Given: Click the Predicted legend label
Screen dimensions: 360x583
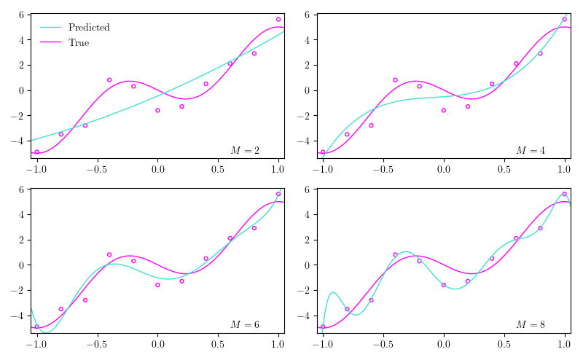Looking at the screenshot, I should [89, 28].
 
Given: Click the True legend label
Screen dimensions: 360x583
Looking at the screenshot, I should [79, 43].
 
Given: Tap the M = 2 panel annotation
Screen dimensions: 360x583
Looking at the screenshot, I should [245, 150].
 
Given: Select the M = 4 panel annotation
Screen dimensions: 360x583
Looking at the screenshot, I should [531, 150].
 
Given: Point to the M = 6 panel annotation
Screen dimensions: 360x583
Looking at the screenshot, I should [245, 324].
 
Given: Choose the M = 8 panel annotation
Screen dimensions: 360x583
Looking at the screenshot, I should [531, 324].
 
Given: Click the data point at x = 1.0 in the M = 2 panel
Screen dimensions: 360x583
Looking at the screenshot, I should [278, 20].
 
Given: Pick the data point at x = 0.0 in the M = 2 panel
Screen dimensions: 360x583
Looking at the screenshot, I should [157, 110].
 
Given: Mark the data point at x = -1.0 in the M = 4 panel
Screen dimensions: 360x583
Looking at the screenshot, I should [323, 152].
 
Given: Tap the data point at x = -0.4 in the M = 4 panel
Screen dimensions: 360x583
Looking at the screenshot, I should [395, 80].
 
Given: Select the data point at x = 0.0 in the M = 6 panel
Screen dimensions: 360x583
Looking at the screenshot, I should [157, 284].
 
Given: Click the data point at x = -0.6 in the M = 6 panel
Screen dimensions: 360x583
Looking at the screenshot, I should [85, 300].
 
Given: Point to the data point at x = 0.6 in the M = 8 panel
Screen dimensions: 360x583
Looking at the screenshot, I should [516, 238].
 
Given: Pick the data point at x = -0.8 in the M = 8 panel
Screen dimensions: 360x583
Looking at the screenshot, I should [347, 309].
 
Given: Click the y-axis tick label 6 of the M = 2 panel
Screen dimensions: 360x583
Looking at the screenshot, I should [23, 15].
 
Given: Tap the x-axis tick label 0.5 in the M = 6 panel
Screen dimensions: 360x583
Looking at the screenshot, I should [218, 343].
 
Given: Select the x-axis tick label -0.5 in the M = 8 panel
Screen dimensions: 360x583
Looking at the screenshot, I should [380, 343].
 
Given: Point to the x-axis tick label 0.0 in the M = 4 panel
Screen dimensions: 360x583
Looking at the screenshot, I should [443, 169].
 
